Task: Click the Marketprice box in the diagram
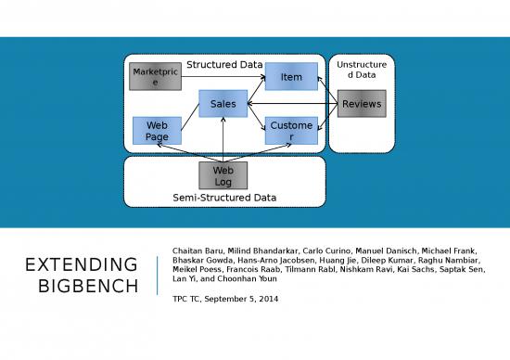pos(155,77)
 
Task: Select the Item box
pos(291,77)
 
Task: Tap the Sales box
pos(223,104)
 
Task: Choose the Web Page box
pos(157,131)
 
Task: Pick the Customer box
pos(291,131)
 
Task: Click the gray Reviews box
pos(361,104)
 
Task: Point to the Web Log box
pos(223,175)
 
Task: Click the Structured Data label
pos(224,65)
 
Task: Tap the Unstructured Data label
pos(362,70)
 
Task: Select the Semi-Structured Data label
pos(224,198)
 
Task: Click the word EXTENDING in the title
pos(82,265)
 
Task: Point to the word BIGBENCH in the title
pos(91,286)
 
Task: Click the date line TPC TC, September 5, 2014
pos(225,299)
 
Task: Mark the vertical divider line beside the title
pos(157,275)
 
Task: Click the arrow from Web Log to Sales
pos(223,140)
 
